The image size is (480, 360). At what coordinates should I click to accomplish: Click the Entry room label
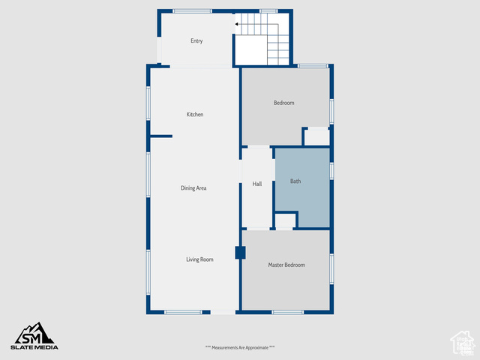(196, 40)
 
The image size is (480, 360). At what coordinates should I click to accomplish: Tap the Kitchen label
(195, 115)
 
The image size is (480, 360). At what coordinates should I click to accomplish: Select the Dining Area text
(193, 188)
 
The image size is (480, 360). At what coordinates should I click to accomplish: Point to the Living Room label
(200, 259)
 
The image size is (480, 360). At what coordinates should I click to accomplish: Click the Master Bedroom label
(286, 265)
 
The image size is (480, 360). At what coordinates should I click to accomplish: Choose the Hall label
(257, 184)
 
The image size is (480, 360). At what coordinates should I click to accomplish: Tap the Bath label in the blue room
(295, 181)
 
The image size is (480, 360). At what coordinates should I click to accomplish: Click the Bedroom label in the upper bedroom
(283, 103)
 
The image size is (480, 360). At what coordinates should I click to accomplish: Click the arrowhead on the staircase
(237, 24)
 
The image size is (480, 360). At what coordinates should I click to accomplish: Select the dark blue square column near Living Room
(240, 253)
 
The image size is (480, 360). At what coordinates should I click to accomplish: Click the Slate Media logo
(34, 336)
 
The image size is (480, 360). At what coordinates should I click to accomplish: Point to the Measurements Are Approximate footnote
(240, 347)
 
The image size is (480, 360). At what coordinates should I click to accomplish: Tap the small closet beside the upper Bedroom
(316, 137)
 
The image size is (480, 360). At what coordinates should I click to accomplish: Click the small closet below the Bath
(285, 220)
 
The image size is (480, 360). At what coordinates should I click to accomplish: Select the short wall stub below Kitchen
(161, 136)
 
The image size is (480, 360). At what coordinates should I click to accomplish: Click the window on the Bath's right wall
(331, 171)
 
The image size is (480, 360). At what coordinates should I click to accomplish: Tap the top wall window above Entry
(192, 11)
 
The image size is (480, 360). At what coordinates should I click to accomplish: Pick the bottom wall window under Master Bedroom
(288, 312)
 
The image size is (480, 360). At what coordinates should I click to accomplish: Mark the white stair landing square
(251, 50)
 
